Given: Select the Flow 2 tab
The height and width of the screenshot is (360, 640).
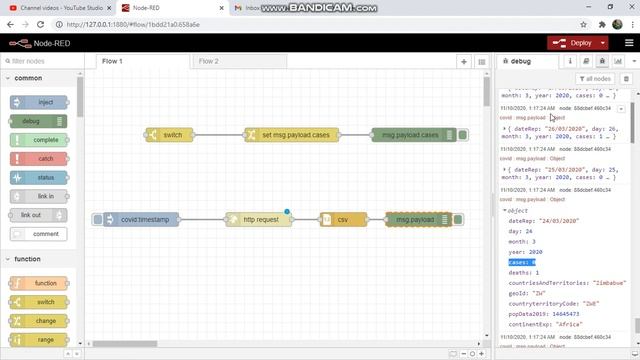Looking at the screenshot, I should (208, 61).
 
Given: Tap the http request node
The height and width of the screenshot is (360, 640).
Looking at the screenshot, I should (258, 219).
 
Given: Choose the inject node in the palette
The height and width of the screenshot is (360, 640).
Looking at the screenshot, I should (40, 102).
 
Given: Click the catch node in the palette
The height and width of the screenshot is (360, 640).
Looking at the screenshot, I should (40, 158).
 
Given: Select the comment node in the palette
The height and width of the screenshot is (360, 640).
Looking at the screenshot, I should (40, 234).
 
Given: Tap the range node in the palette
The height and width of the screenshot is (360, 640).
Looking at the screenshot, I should (40, 340).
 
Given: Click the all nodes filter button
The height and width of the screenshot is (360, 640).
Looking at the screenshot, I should (597, 79).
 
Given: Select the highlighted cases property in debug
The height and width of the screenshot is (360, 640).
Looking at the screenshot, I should (520, 262).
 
